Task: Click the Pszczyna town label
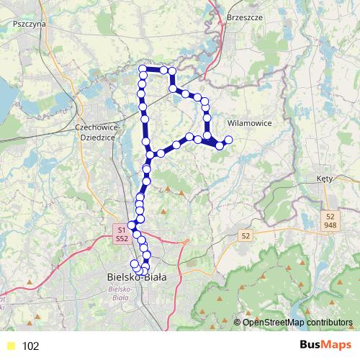pyautogui.click(x=30, y=23)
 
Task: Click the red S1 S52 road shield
pyautogui.click(x=122, y=233)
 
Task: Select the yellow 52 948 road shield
pyautogui.click(x=330, y=220)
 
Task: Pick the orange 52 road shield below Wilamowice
pyautogui.click(x=246, y=235)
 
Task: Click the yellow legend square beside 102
pyautogui.click(x=10, y=346)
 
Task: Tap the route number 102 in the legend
pyautogui.click(x=30, y=346)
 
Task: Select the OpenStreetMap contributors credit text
pyautogui.click(x=297, y=322)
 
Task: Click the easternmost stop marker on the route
pyautogui.click(x=229, y=139)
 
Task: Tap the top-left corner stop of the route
pyautogui.click(x=143, y=69)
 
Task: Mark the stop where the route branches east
pyautogui.click(x=150, y=155)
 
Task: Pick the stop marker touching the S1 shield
pyautogui.click(x=132, y=225)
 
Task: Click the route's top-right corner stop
pyautogui.click(x=172, y=71)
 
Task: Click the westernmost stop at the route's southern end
pyautogui.click(x=134, y=264)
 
